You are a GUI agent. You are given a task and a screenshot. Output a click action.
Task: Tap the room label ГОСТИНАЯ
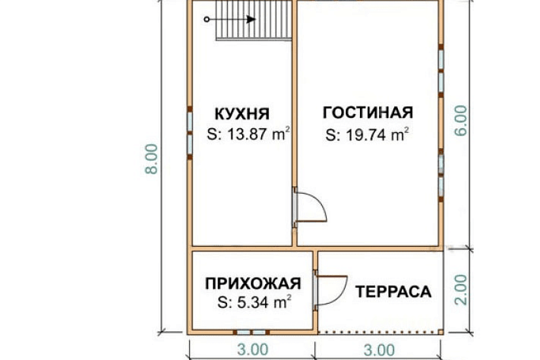[x=368, y=112]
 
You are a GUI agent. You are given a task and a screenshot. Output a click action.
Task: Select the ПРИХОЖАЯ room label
[x=253, y=283]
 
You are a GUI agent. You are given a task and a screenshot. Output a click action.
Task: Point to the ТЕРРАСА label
[x=394, y=292]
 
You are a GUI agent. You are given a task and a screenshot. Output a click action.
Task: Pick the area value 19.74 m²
[x=367, y=135]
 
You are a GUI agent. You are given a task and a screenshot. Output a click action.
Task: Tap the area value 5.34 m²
[x=254, y=303]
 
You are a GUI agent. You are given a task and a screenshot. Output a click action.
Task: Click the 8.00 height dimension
[x=152, y=159]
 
